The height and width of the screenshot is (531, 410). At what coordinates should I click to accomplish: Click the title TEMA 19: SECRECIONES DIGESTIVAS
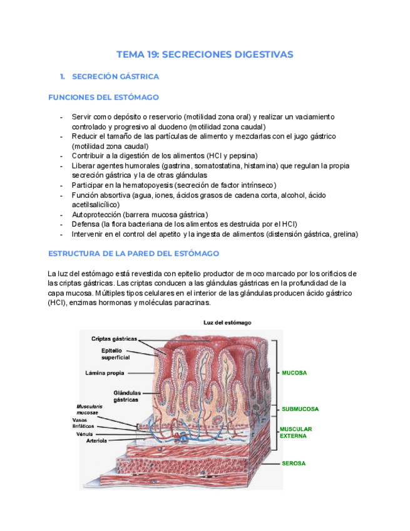205,54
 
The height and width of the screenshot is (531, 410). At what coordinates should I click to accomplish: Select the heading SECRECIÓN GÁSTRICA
116,76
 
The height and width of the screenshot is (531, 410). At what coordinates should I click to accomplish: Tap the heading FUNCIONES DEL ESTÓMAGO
103,98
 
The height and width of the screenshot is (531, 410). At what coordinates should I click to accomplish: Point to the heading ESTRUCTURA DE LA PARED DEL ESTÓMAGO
133,254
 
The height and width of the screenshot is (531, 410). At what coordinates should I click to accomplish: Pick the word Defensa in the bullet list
86,224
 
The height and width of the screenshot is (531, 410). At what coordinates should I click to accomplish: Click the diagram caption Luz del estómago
227,322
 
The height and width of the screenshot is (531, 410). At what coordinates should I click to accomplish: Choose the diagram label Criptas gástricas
114,339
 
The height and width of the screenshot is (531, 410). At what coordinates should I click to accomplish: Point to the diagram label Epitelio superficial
115,354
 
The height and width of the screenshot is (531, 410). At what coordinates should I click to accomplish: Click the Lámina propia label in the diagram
105,373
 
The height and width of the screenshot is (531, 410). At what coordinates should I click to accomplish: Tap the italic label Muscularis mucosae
90,410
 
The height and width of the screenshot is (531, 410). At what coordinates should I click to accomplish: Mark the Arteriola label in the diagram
96,441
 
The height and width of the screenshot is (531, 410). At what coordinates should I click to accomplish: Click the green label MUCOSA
294,373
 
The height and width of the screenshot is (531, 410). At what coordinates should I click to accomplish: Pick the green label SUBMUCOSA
300,409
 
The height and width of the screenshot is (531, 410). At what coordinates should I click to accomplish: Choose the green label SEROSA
294,463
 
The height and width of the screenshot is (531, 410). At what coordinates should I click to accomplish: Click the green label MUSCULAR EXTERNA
295,432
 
